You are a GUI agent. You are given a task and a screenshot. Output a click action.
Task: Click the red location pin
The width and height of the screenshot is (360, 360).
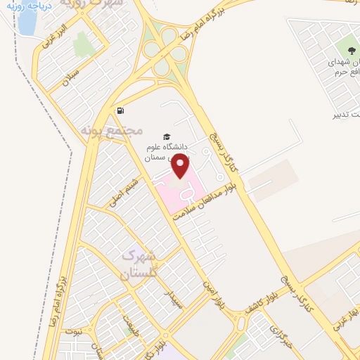[x=181, y=166]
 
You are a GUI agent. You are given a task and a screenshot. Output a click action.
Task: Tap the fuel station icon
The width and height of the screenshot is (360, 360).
[x=120, y=110]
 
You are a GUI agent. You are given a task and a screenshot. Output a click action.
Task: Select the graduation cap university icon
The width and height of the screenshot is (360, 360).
[x=167, y=136]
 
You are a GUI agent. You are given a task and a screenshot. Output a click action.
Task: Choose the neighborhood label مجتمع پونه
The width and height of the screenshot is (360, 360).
[x=112, y=131]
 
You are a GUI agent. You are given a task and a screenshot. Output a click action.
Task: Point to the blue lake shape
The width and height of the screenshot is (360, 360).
[x=26, y=23]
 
